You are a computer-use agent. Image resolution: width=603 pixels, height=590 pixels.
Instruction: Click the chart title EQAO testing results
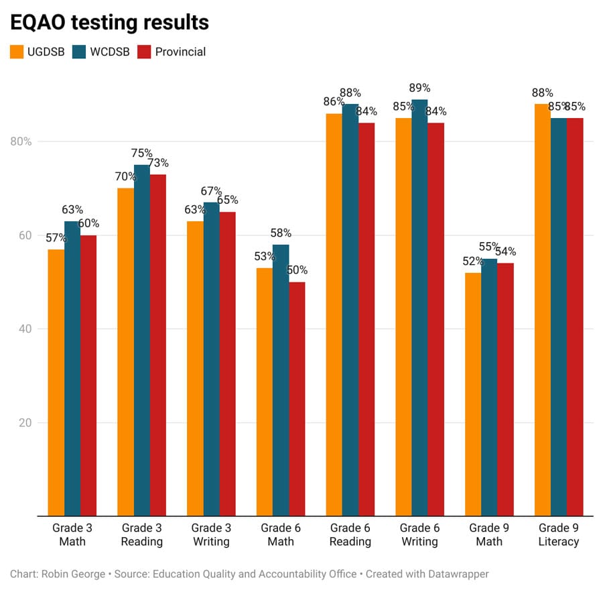109,22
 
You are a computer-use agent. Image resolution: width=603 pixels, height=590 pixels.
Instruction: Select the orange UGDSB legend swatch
17,52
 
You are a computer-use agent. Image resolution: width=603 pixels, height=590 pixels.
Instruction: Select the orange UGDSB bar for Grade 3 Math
56,382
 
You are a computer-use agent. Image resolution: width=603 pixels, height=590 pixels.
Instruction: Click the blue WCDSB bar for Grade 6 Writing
419,308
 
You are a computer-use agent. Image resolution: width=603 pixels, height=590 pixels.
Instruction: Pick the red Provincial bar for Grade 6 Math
297,399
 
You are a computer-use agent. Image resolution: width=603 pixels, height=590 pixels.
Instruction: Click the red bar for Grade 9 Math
505,390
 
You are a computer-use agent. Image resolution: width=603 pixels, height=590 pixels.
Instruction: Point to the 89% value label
419,88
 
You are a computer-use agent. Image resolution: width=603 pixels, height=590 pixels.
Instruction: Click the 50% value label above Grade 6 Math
297,270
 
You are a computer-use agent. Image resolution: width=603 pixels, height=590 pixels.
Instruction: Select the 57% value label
56,238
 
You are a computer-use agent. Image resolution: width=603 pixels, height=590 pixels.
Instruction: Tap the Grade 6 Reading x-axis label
350,534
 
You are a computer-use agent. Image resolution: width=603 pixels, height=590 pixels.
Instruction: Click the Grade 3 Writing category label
210,534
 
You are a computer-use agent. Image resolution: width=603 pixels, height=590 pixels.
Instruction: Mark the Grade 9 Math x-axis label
489,534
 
